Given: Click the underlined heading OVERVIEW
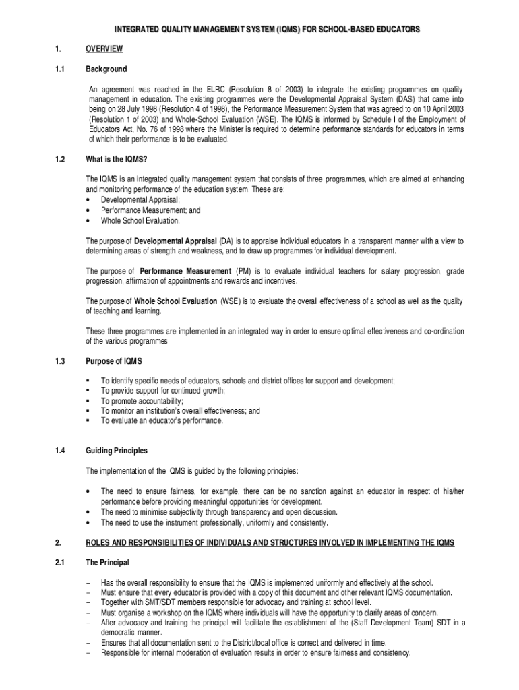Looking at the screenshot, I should coord(104,49).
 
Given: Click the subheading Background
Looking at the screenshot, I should coord(106,69).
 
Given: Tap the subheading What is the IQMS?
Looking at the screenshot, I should coord(117,160).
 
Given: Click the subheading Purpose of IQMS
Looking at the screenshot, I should coord(113,362).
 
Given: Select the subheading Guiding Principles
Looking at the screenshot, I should coord(116,451).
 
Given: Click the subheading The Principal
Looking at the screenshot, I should coord(107,562).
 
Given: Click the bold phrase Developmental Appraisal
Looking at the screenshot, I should coord(175,241).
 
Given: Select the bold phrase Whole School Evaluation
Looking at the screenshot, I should coord(175,301).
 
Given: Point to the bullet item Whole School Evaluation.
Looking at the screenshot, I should coord(140,220).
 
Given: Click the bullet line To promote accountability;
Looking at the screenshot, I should coord(142,401).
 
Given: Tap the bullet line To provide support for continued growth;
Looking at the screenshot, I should coord(163,391).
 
